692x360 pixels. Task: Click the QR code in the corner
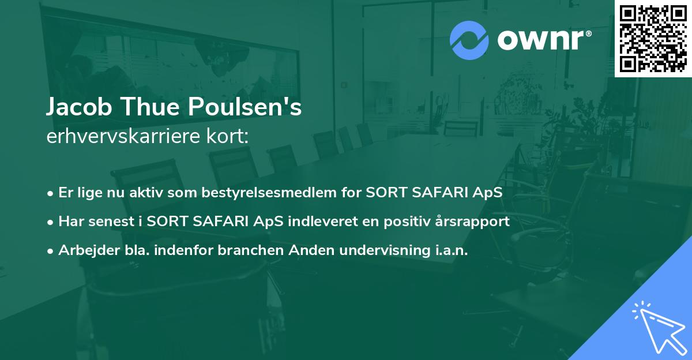(653, 38)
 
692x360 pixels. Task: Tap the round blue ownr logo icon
(469, 40)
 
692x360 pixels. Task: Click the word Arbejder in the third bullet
(85, 251)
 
